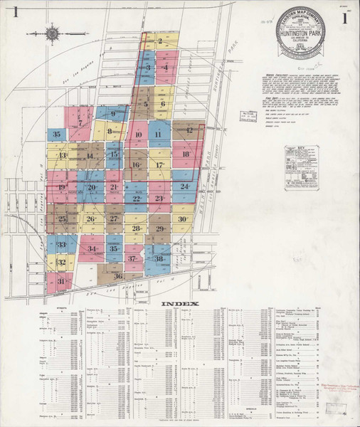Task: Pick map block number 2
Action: point(162,42)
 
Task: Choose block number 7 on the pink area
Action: point(80,123)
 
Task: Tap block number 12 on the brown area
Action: point(189,131)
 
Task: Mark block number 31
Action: point(63,282)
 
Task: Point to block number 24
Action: point(184,186)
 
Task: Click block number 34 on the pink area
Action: point(91,249)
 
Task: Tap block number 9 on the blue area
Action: point(112,114)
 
